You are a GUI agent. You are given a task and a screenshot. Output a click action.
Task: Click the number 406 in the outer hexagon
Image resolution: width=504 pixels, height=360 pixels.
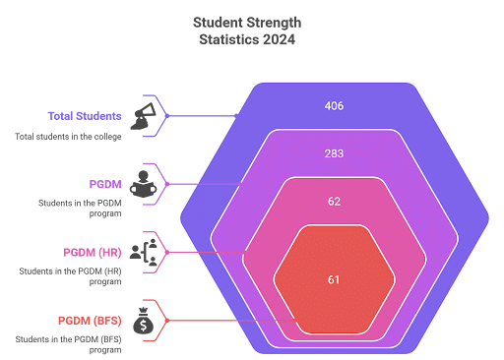(x=334, y=105)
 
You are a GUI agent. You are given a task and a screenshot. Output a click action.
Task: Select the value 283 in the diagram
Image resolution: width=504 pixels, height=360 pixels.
(x=334, y=153)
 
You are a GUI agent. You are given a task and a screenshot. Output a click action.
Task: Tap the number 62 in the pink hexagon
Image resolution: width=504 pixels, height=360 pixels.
(x=334, y=201)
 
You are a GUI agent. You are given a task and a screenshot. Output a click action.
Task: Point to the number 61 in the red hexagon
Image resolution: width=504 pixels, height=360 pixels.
(x=334, y=280)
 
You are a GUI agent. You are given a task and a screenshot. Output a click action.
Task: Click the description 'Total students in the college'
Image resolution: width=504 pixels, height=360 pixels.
(x=68, y=136)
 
